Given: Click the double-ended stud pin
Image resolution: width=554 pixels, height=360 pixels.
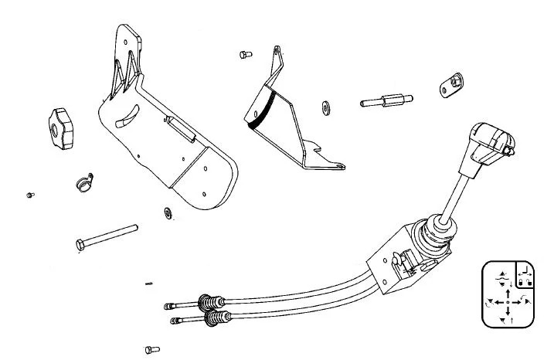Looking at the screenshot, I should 386,101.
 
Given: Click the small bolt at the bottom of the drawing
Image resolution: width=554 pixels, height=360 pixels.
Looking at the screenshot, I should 151,349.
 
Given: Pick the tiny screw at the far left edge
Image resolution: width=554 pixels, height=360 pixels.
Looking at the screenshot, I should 29,194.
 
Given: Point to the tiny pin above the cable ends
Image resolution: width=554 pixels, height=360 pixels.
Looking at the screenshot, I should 149,283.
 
